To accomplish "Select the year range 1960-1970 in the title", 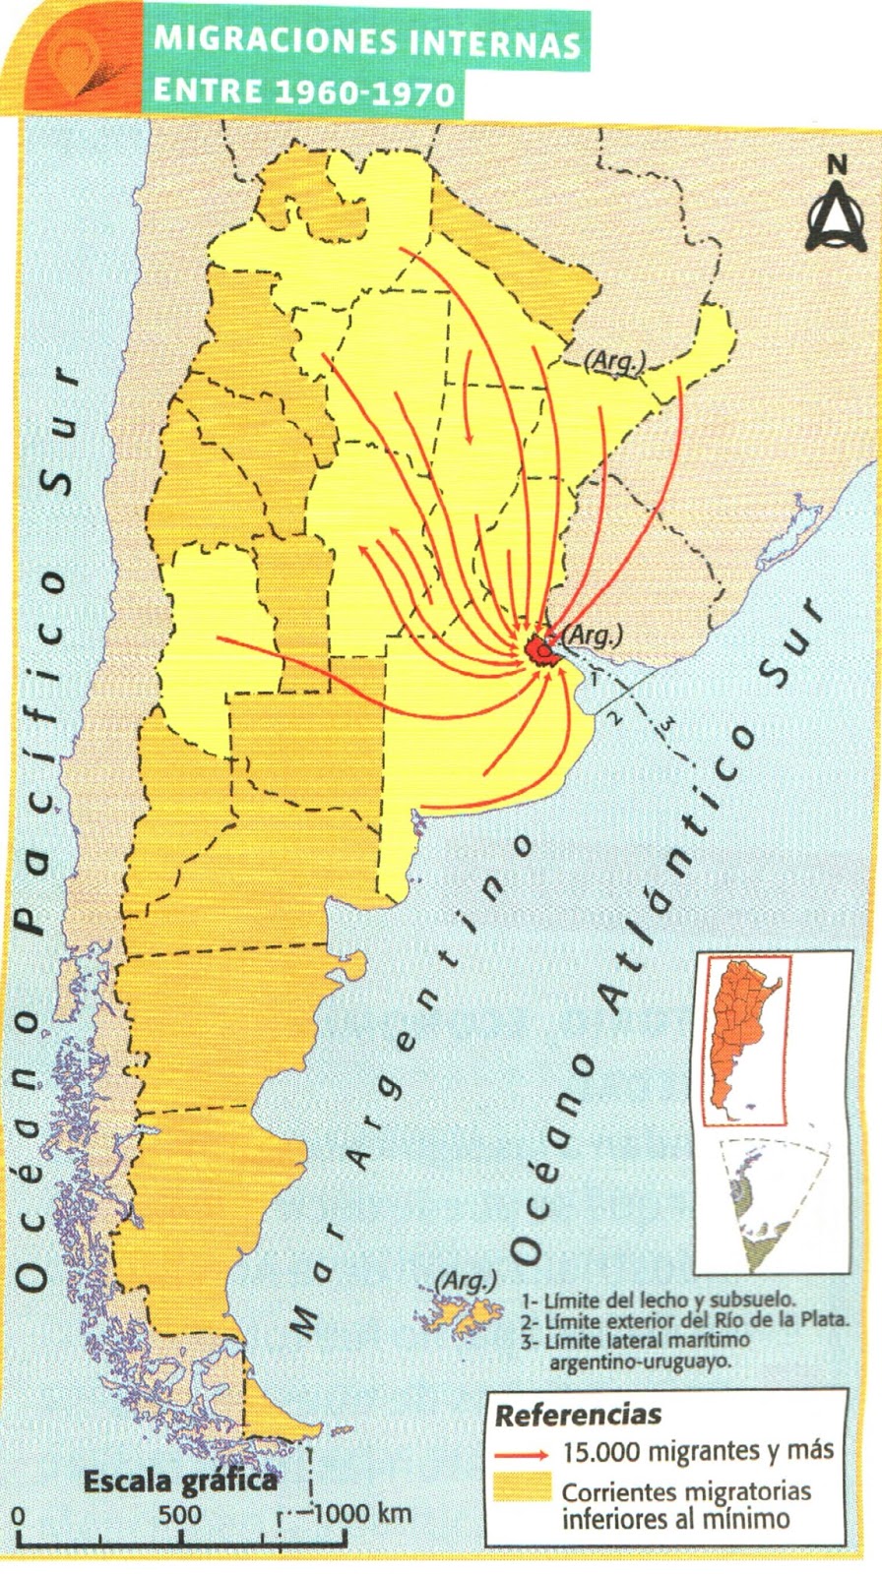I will click(365, 92).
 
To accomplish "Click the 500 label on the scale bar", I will click(179, 1513).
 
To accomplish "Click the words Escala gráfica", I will click(180, 1481).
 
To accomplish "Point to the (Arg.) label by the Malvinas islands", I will click(465, 1280).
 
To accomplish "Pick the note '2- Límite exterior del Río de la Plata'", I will click(685, 1320).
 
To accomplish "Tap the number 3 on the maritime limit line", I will click(667, 725).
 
